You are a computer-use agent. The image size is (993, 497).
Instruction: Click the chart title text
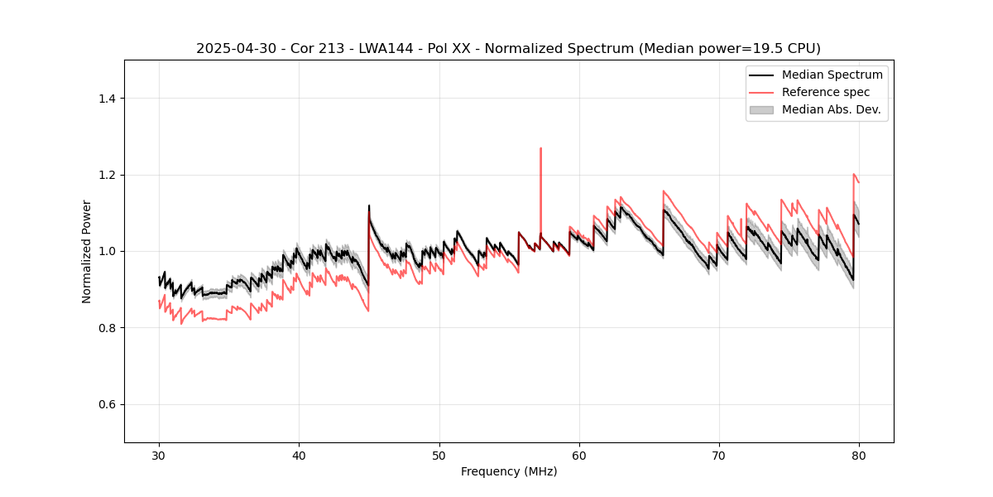[x=508, y=48]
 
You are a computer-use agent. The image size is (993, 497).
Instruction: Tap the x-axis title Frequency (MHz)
[x=509, y=471]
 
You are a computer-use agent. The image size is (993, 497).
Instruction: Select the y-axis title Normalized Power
[x=87, y=251]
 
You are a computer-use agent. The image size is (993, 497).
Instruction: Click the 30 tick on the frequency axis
[x=159, y=455]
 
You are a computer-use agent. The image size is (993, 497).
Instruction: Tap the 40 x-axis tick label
[x=299, y=455]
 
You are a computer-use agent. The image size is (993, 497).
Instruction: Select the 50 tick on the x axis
[x=439, y=455]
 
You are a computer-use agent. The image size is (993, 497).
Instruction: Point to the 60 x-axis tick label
[x=579, y=455]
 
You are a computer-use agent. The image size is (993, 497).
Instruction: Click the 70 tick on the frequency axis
[x=719, y=455]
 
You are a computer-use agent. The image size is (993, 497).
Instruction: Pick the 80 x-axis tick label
[x=859, y=455]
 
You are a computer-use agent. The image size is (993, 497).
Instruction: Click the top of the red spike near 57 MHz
[x=540, y=148]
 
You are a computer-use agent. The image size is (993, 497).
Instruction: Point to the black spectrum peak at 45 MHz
[x=369, y=205]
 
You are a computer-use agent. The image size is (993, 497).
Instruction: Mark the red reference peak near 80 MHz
[x=853, y=174]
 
